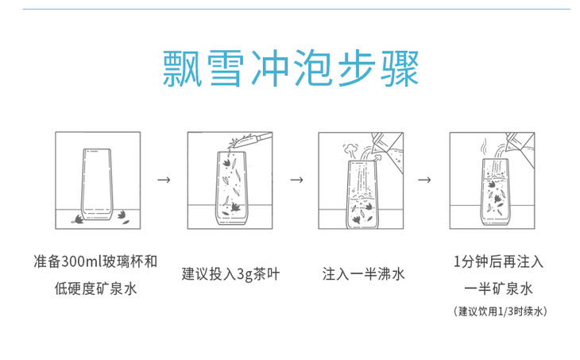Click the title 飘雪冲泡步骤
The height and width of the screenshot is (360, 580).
pos(289,71)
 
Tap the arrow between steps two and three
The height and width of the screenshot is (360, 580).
pos(296,180)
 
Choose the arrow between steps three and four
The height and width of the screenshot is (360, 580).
pos(426,180)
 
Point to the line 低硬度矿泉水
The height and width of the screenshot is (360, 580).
pos(96,288)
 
